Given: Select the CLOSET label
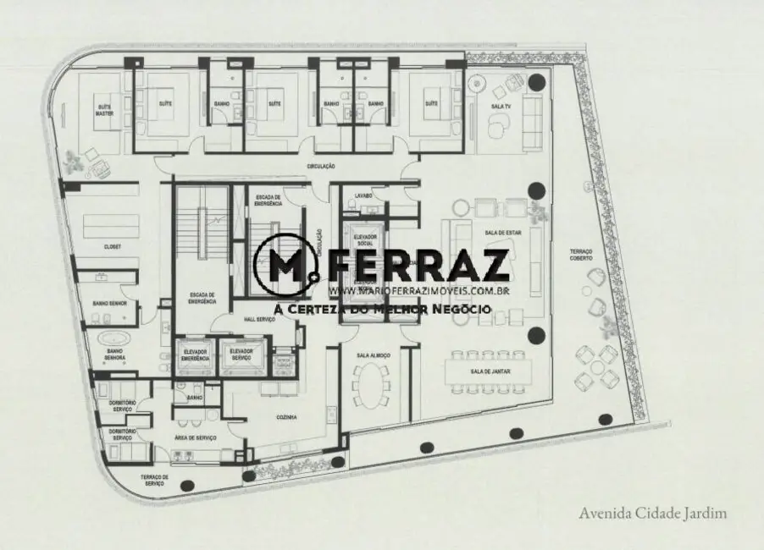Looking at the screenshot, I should coord(113,246).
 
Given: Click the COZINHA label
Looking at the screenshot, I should coord(285,417).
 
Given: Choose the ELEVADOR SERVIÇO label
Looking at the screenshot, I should coord(241,354).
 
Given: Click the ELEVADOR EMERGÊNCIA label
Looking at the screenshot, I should coord(196,354).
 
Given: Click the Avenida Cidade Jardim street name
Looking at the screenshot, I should coord(653,513).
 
